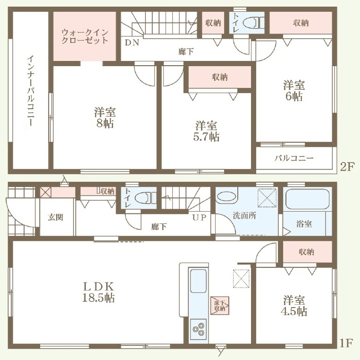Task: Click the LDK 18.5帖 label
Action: click(98, 292)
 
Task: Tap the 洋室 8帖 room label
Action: click(105, 118)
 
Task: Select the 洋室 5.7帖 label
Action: click(206, 131)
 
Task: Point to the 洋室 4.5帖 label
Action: click(294, 306)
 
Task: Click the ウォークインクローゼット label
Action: click(85, 36)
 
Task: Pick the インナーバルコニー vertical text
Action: click(31, 91)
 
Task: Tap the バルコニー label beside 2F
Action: click(294, 158)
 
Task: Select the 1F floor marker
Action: click(345, 343)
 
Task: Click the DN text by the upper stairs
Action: click(132, 43)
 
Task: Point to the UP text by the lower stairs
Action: click(199, 217)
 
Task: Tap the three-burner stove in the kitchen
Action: click(198, 329)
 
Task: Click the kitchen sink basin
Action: click(198, 281)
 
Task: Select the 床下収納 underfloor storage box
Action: click(220, 306)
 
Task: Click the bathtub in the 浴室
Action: click(308, 199)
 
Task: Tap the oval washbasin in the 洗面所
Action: click(226, 197)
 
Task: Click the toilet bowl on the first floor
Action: click(143, 198)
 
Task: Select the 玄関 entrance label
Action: click(56, 217)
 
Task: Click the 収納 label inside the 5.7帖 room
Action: click(220, 77)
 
